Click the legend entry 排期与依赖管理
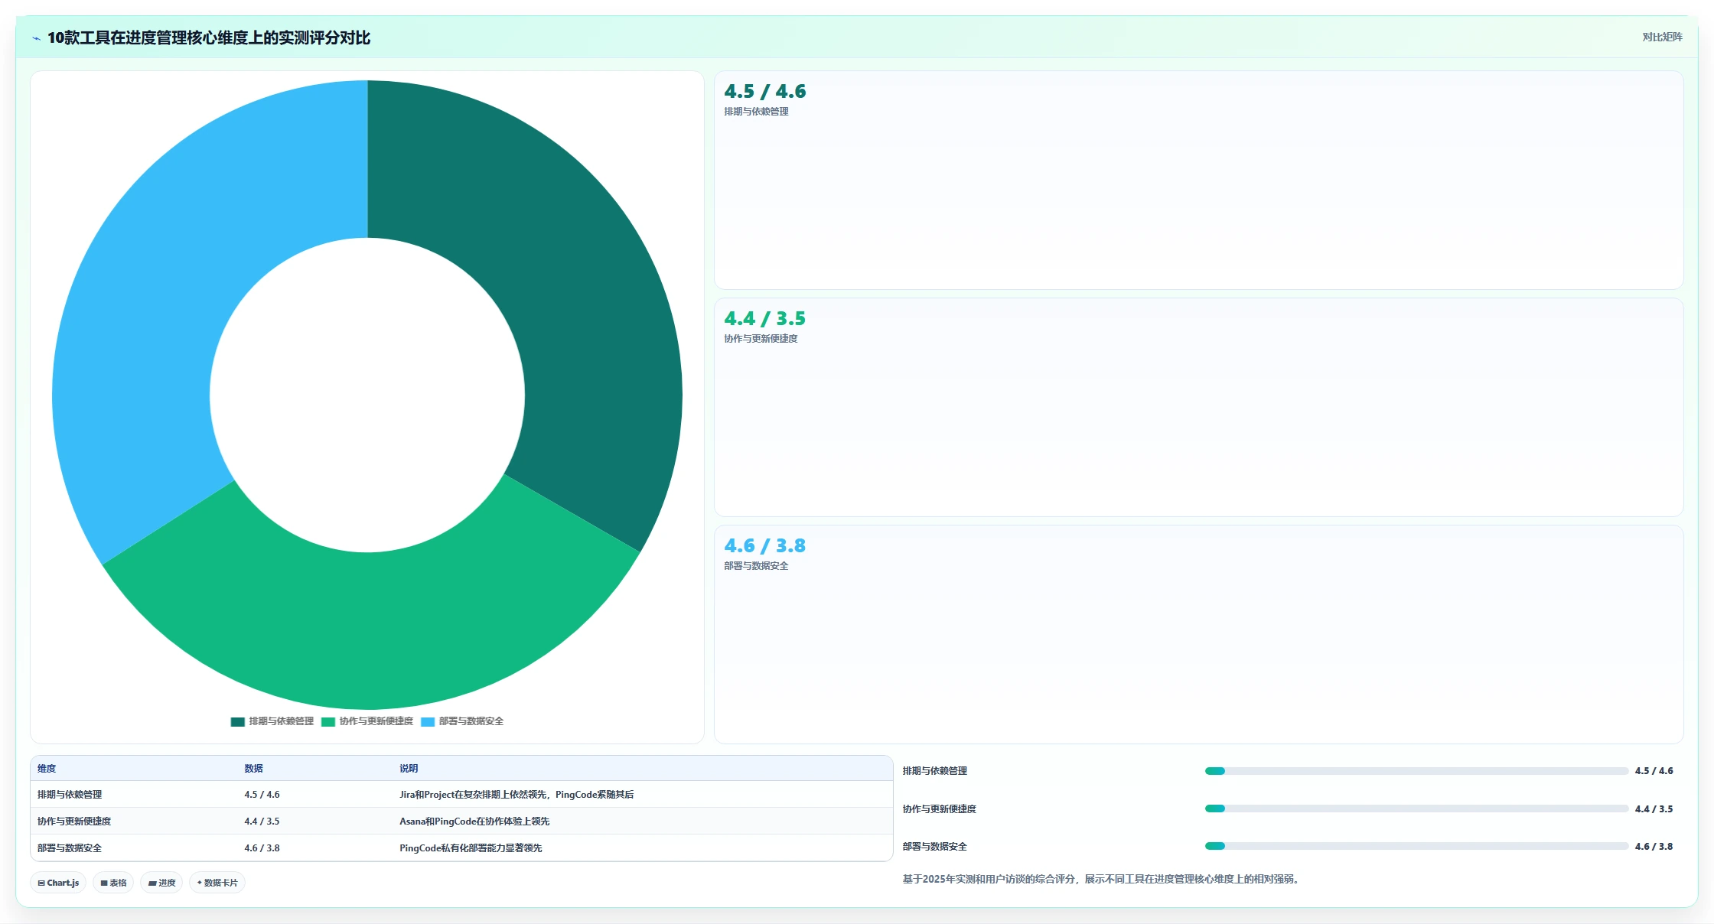(x=272, y=721)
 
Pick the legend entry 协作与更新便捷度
(x=367, y=721)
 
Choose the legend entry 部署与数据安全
(x=462, y=721)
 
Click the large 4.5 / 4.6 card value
(x=765, y=91)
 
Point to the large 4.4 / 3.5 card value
(x=765, y=318)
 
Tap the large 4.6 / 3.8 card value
(x=765, y=545)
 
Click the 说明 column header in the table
(x=409, y=769)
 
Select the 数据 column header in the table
(x=253, y=769)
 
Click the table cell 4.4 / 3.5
(x=262, y=822)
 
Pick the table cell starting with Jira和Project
(x=516, y=795)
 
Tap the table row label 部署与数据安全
(x=70, y=848)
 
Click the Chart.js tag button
(x=58, y=883)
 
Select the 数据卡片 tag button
(x=217, y=883)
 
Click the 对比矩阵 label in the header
(x=1662, y=37)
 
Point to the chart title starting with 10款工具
(x=209, y=37)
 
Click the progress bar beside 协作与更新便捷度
(x=1416, y=808)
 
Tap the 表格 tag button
(x=113, y=883)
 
